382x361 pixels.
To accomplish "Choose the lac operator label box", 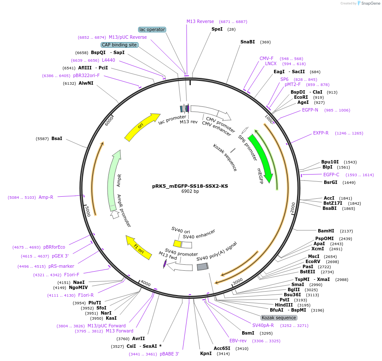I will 152,29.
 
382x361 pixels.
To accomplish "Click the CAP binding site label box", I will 119,45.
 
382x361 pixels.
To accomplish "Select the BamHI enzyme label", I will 326,231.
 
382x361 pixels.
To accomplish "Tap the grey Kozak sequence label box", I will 279,318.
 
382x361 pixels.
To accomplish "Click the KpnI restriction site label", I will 206,353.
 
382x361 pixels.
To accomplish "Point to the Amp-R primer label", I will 46,197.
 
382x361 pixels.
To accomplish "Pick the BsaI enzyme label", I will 57,138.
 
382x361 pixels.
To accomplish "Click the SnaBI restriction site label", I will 248,42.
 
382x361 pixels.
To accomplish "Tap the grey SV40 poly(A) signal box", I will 202,266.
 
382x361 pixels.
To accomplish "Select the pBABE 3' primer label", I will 170,354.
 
